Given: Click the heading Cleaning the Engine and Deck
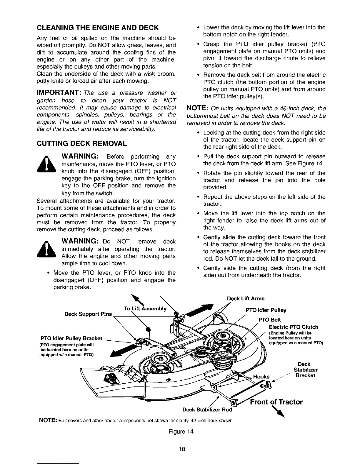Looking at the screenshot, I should pos(97,28).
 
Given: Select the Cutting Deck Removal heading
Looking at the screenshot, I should pos(81,144).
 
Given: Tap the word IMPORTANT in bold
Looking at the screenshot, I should pos(59,93).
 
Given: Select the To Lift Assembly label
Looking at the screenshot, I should pos(145,309).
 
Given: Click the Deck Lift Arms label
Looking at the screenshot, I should pos(246,299).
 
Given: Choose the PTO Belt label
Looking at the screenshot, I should pos(269,319).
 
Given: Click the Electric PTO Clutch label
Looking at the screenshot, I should pos(294,327).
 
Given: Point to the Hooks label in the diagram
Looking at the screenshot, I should pos(261,377).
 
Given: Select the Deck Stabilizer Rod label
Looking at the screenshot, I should pos(207,410).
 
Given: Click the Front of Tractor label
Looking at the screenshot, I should pos(276,402).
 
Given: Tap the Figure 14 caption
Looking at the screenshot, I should pos(180,432).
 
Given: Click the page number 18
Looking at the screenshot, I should pos(180,449).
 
